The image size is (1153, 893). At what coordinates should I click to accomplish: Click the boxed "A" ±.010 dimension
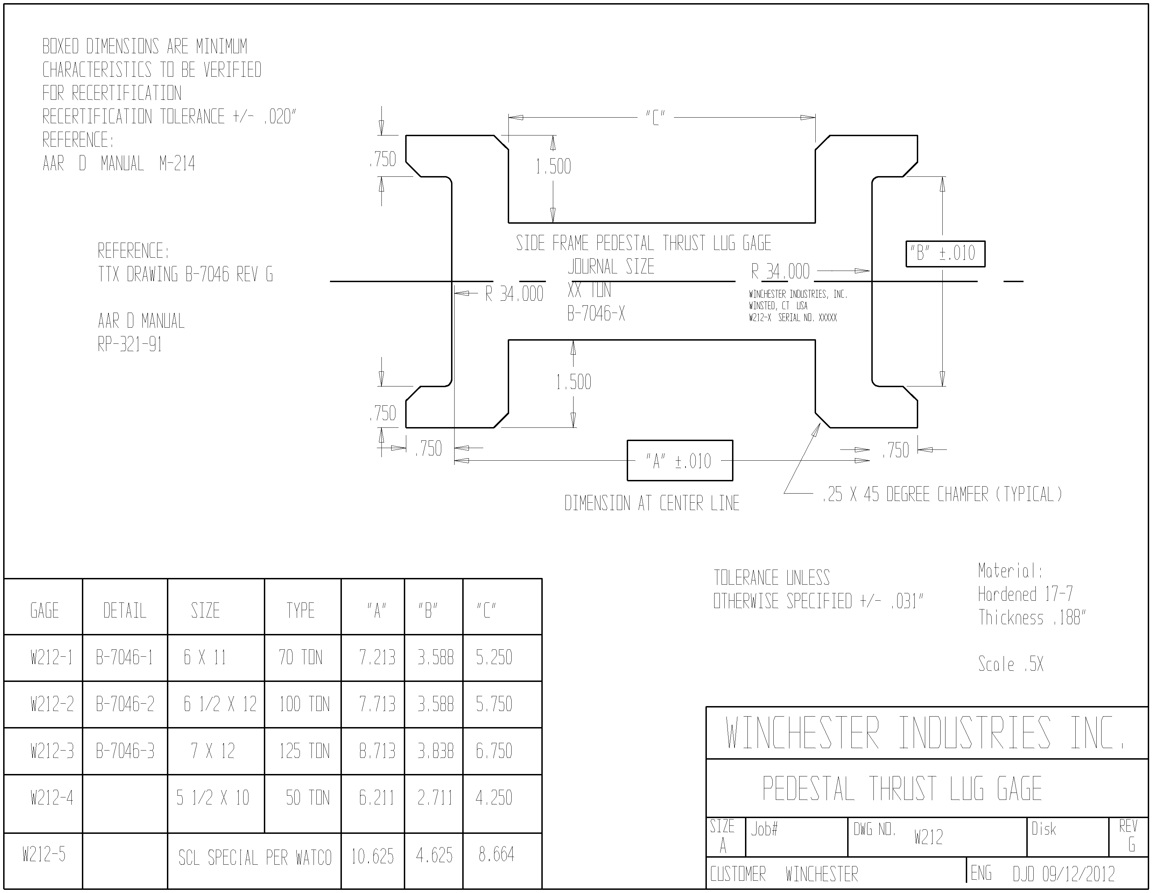pos(680,460)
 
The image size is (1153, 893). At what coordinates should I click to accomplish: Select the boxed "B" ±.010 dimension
pos(945,253)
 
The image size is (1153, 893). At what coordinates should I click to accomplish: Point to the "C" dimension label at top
pos(655,117)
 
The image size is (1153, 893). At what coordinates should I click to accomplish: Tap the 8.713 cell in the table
pos(377,751)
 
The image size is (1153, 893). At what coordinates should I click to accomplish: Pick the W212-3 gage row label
pos(52,751)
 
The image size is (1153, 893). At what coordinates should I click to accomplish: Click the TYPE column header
pos(300,611)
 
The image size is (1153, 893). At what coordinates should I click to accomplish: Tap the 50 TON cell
pos(308,797)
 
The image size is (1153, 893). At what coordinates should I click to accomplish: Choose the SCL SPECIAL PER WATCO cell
pos(255,858)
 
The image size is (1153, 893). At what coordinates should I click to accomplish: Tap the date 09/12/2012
pos(1078,874)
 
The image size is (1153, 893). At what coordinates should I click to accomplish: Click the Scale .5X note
pos(1011,664)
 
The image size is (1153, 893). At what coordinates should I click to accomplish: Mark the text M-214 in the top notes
pos(177,164)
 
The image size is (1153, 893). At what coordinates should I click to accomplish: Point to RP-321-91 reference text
pos(130,344)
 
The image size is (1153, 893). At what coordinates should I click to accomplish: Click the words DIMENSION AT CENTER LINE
pos(652,503)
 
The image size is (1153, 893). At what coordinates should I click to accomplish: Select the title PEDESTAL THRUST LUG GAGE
pos(902,789)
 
